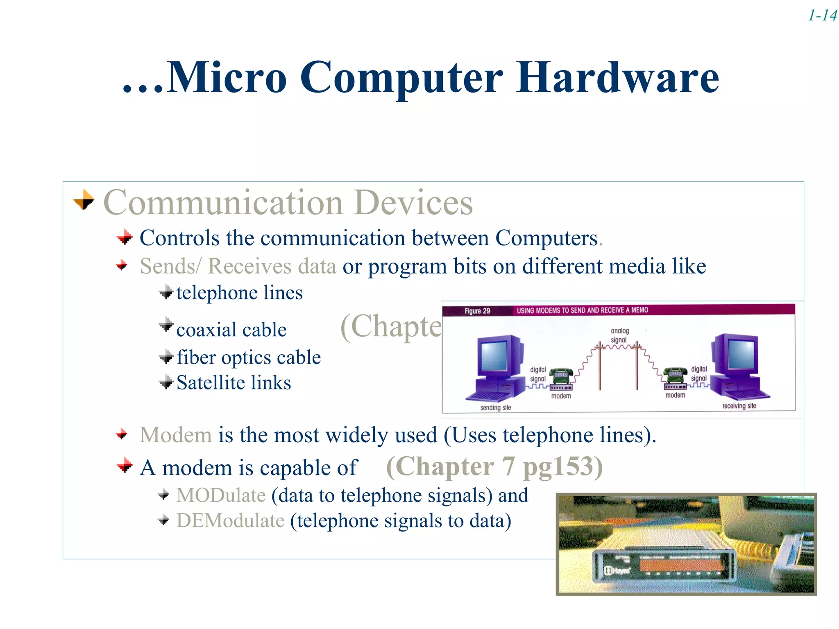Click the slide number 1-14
coord(822,16)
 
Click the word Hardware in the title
coord(617,77)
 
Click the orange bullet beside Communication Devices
coord(84,200)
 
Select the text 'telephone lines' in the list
coord(239,293)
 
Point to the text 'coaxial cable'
coord(231,330)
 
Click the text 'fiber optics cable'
coord(248,357)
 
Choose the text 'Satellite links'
coord(234,383)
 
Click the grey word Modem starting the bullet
coord(175,435)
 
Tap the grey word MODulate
coord(221,496)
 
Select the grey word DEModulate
coord(230,521)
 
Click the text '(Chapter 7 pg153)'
coord(494,466)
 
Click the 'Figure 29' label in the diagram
coord(477,311)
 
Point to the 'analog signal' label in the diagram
coord(619,335)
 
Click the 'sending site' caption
coord(495,407)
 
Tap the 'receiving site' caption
coord(739,406)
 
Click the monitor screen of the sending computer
coord(494,355)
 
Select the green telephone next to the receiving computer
coord(675,374)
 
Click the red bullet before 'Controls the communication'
coord(125,238)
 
